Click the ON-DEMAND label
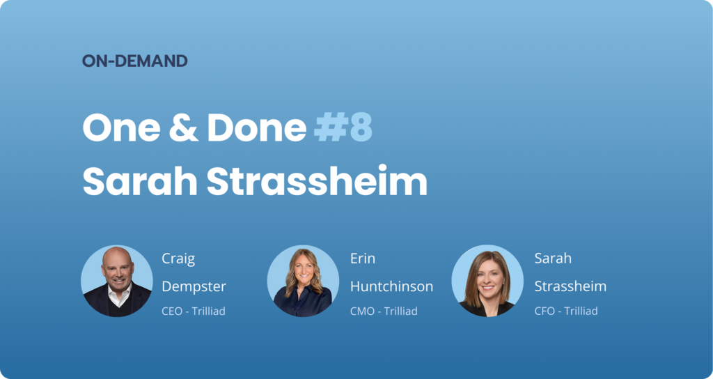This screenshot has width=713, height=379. pos(134,61)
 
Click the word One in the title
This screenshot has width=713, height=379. pos(121,128)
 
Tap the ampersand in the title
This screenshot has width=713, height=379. pos(184,128)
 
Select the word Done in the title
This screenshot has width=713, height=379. pos(256,128)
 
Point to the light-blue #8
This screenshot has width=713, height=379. pos(343,128)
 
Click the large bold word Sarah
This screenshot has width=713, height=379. pos(139,181)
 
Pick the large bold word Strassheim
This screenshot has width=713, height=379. pos(317,181)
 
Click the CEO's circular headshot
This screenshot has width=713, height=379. pos(117,281)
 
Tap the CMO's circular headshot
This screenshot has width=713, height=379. pos(303,281)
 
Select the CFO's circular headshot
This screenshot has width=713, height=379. pos(487,281)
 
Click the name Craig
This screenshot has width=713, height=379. pos(178,259)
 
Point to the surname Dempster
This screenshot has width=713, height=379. pos(194,287)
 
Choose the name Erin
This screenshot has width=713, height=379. pos(363,258)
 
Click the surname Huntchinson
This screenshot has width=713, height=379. pos(391,286)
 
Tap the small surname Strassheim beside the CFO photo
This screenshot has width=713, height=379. pos(570,286)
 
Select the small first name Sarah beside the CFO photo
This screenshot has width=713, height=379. pos(553,258)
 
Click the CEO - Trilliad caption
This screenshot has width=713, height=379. pos(194,311)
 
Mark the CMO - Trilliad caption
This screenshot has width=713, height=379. pos(384,311)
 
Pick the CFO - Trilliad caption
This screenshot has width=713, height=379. pos(566,311)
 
